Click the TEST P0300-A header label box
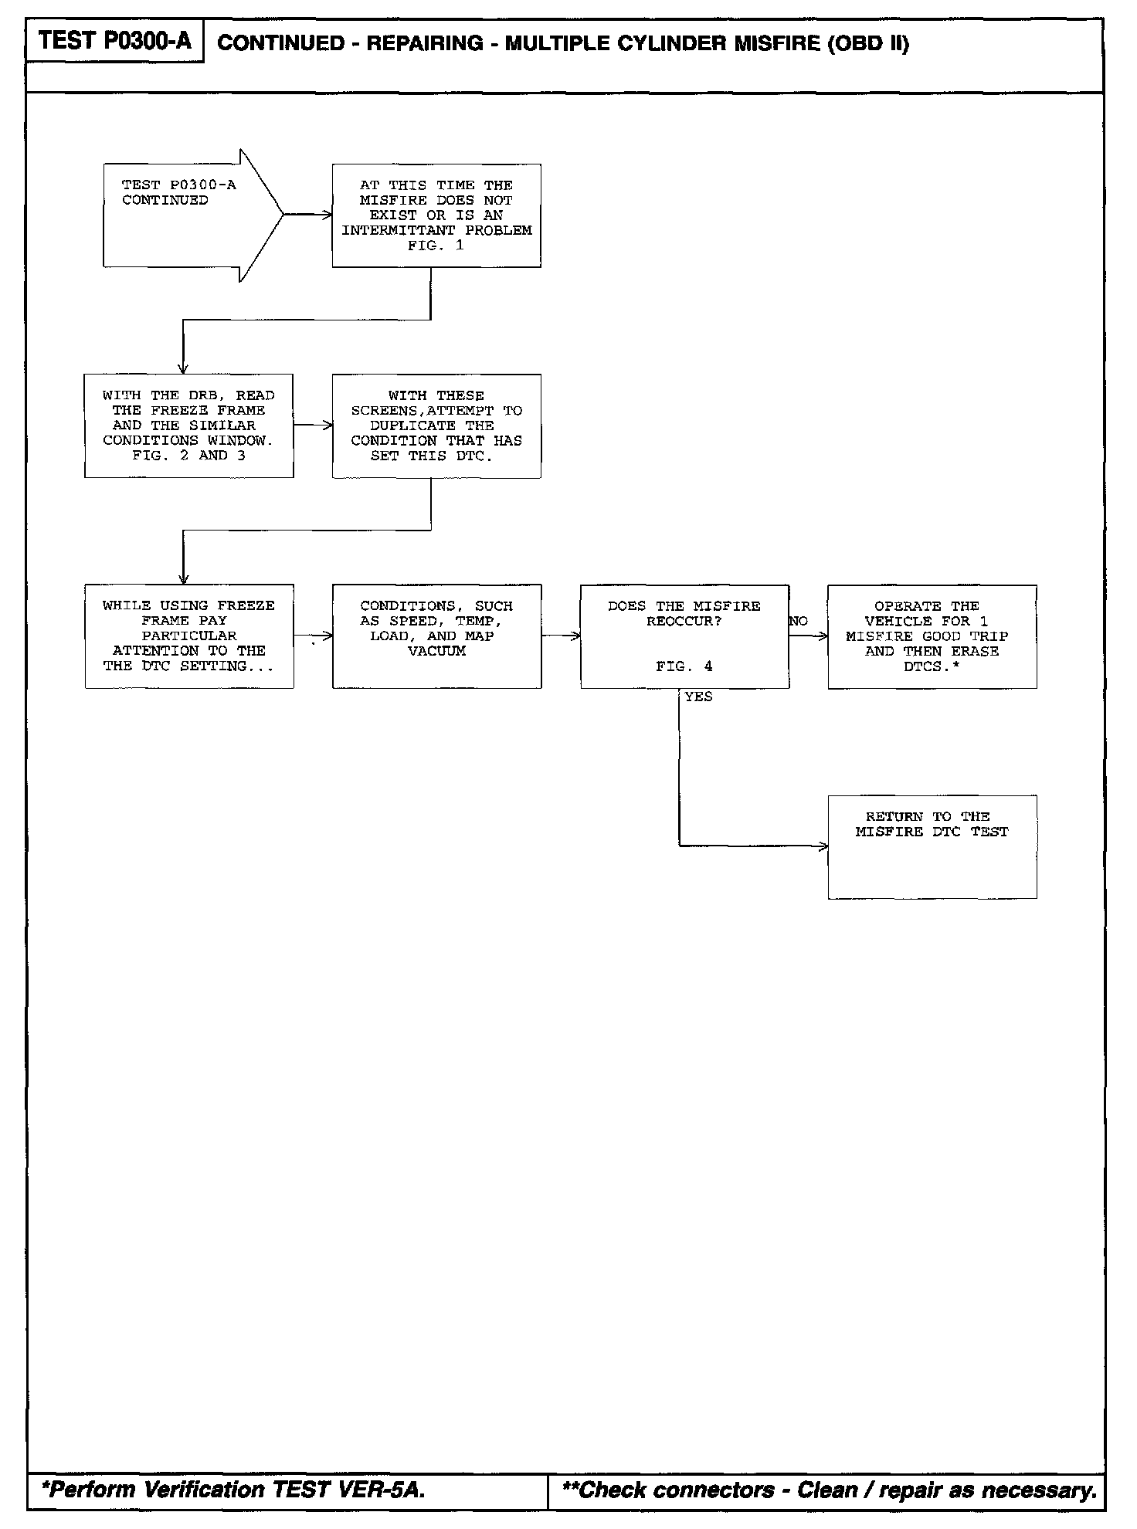click(x=114, y=41)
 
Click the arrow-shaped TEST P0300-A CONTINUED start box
click(x=185, y=215)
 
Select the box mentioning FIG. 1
click(x=436, y=215)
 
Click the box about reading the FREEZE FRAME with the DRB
click(x=188, y=425)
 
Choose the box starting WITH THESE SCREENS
click(x=436, y=425)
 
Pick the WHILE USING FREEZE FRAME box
click(x=189, y=636)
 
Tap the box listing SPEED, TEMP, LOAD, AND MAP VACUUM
click(x=436, y=636)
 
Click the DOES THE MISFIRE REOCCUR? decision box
click(x=684, y=636)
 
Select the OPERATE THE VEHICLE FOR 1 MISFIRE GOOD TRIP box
click(x=932, y=636)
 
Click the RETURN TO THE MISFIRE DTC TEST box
click(x=932, y=846)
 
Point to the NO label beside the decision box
click(x=799, y=622)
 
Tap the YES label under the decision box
click(x=698, y=697)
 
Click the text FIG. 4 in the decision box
click(x=684, y=666)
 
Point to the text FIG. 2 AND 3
click(x=188, y=456)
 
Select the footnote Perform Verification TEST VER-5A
click(x=233, y=1490)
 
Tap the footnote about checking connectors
click(x=830, y=1490)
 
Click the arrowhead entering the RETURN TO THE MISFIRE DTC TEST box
click(x=823, y=846)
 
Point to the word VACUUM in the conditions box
click(x=436, y=651)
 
